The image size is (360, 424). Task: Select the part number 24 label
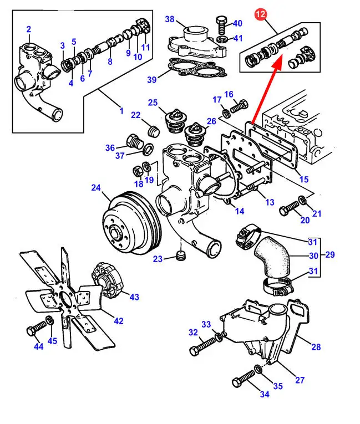pyautogui.click(x=96, y=188)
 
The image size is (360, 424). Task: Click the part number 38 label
pyautogui.click(x=169, y=19)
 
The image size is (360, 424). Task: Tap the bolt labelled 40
pyautogui.click(x=220, y=25)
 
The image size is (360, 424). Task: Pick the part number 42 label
pyautogui.click(x=119, y=321)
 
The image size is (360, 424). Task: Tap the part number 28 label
pyautogui.click(x=316, y=347)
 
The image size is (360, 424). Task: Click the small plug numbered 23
pyautogui.click(x=180, y=255)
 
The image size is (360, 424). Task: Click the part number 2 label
pyautogui.click(x=28, y=30)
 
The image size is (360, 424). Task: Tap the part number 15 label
pyautogui.click(x=303, y=179)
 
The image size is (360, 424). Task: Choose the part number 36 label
pyautogui.click(x=110, y=147)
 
